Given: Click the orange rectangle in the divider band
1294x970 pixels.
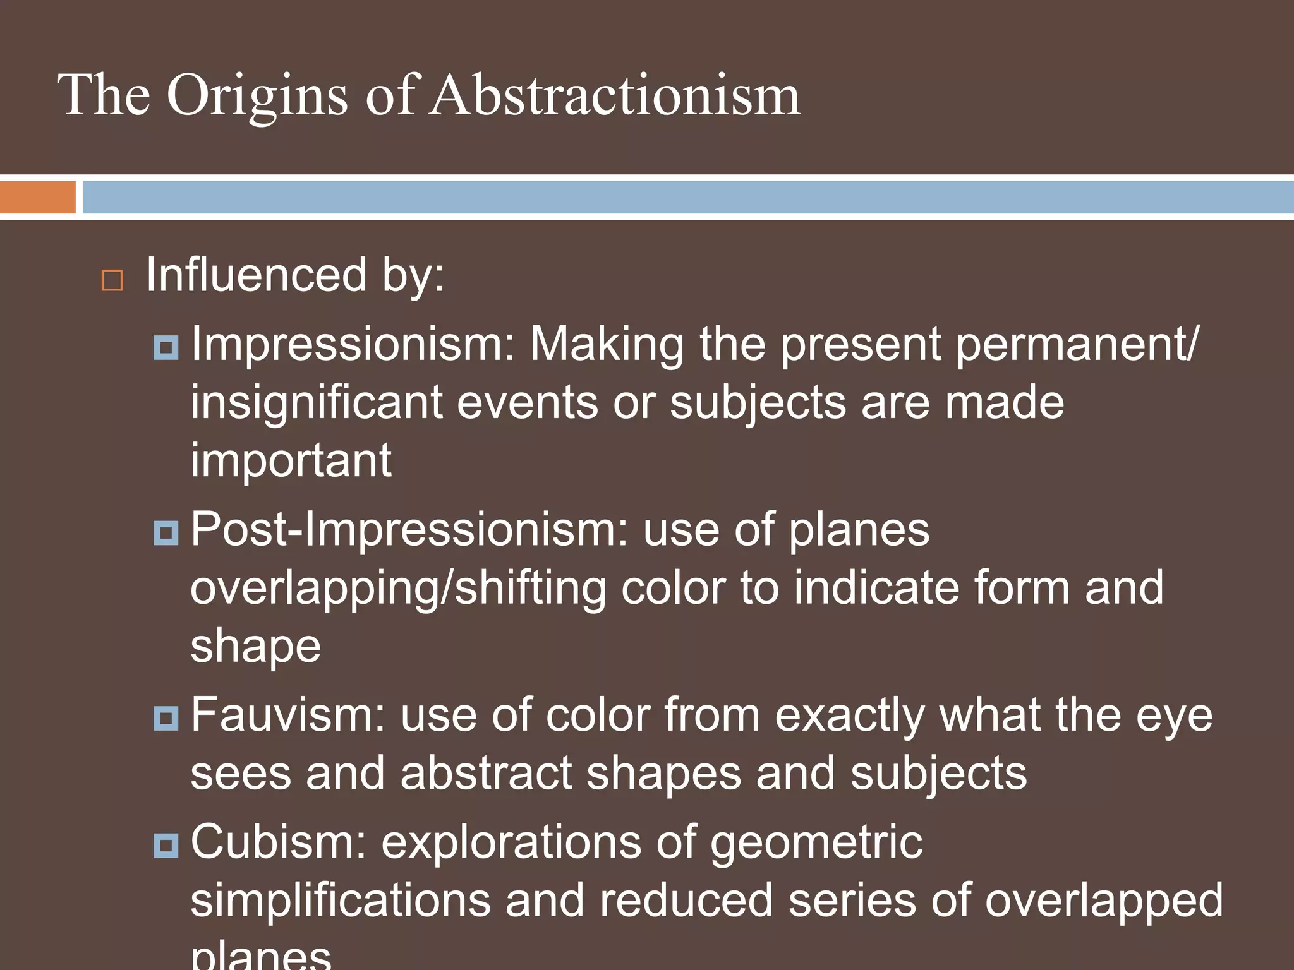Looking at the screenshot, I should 37,198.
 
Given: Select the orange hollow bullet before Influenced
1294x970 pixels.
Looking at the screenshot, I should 112,280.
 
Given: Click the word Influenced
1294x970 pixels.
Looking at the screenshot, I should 257,275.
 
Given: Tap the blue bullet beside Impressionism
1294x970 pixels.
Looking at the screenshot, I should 166,347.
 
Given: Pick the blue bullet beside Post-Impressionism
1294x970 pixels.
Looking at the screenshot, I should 166,532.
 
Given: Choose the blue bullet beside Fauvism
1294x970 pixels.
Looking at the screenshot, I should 166,718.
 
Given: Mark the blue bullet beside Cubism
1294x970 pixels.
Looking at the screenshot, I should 166,845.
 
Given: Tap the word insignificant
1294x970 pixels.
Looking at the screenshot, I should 316,403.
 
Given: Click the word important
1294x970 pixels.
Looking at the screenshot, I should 291,461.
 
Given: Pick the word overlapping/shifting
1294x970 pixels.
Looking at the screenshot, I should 398,589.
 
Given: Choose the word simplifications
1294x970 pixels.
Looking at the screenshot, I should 341,901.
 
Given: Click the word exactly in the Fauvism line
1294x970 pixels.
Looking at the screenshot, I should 850,716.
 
